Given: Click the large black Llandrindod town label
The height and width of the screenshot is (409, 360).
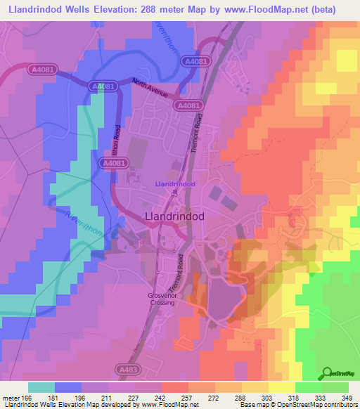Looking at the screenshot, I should click(x=174, y=217).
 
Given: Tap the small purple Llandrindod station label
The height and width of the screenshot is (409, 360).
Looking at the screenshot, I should click(x=174, y=183).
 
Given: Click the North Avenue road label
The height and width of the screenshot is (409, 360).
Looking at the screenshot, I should click(x=148, y=89).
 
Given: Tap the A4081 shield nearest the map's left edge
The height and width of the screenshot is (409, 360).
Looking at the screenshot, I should click(x=42, y=70).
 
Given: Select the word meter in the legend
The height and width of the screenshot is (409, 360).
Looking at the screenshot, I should click(x=11, y=398).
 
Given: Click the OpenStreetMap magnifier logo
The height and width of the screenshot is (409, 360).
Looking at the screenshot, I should click(x=327, y=373).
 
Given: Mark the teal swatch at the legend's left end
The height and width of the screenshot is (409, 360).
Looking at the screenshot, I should click(x=41, y=387).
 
